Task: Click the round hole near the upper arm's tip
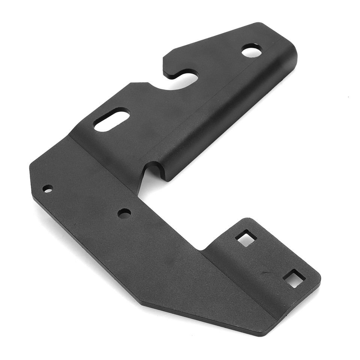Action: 252,51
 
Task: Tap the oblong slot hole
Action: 111,120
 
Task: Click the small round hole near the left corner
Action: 48,189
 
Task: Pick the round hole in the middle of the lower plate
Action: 124,213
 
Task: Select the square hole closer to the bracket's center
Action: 246,238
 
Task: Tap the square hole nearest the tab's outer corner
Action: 294,279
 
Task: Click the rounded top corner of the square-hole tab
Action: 247,220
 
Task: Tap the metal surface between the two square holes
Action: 270,259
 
